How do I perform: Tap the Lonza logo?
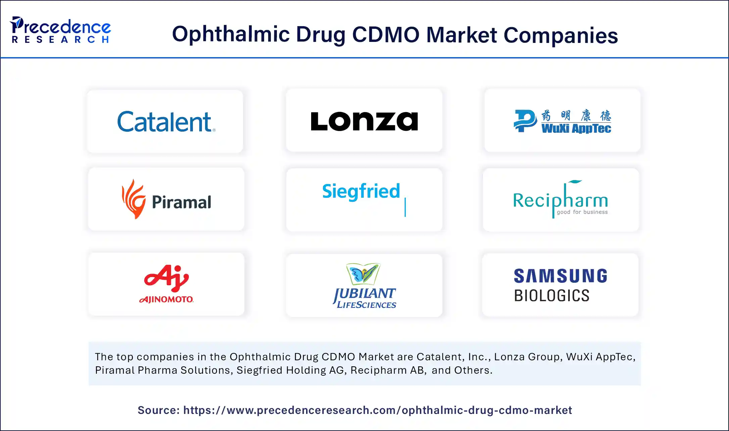(364, 121)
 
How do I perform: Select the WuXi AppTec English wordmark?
(576, 128)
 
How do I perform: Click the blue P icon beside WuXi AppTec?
(525, 121)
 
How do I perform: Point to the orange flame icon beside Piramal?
(134, 199)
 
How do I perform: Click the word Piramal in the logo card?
(182, 202)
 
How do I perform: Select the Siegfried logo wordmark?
(361, 191)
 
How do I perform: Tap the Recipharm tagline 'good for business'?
(582, 212)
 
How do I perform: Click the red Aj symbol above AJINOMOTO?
(166, 278)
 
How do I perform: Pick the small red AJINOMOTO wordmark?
(166, 299)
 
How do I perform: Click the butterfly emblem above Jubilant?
(363, 273)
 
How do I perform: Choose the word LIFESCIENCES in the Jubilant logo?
(367, 305)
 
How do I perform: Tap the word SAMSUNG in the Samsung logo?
(561, 276)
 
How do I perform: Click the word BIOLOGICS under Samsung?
(552, 296)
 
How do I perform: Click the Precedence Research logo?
(60, 30)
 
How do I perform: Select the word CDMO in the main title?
(386, 35)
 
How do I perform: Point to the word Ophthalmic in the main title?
(231, 35)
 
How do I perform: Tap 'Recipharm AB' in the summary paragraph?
(387, 370)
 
